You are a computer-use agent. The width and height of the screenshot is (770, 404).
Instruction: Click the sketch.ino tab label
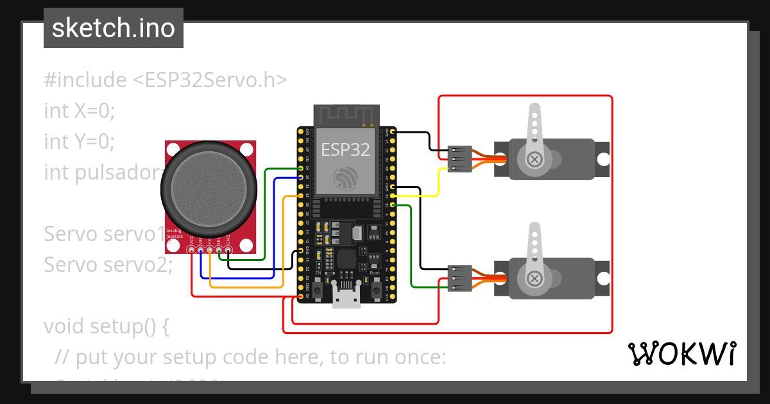(114, 28)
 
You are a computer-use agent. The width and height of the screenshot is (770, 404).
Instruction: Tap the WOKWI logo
(681, 353)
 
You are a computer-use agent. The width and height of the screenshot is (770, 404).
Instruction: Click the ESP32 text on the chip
(345, 149)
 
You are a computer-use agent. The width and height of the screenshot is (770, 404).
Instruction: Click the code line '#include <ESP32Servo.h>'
(166, 80)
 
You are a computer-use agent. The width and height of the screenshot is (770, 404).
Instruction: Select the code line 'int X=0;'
(80, 110)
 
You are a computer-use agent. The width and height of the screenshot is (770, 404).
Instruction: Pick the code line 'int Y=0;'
(80, 141)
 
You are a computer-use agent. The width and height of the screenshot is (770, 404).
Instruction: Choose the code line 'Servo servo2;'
(108, 264)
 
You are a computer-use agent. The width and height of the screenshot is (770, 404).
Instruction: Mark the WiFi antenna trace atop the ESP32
(345, 115)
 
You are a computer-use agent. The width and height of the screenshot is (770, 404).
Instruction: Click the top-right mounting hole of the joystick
(246, 149)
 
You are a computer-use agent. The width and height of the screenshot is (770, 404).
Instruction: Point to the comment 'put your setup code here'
(250, 357)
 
